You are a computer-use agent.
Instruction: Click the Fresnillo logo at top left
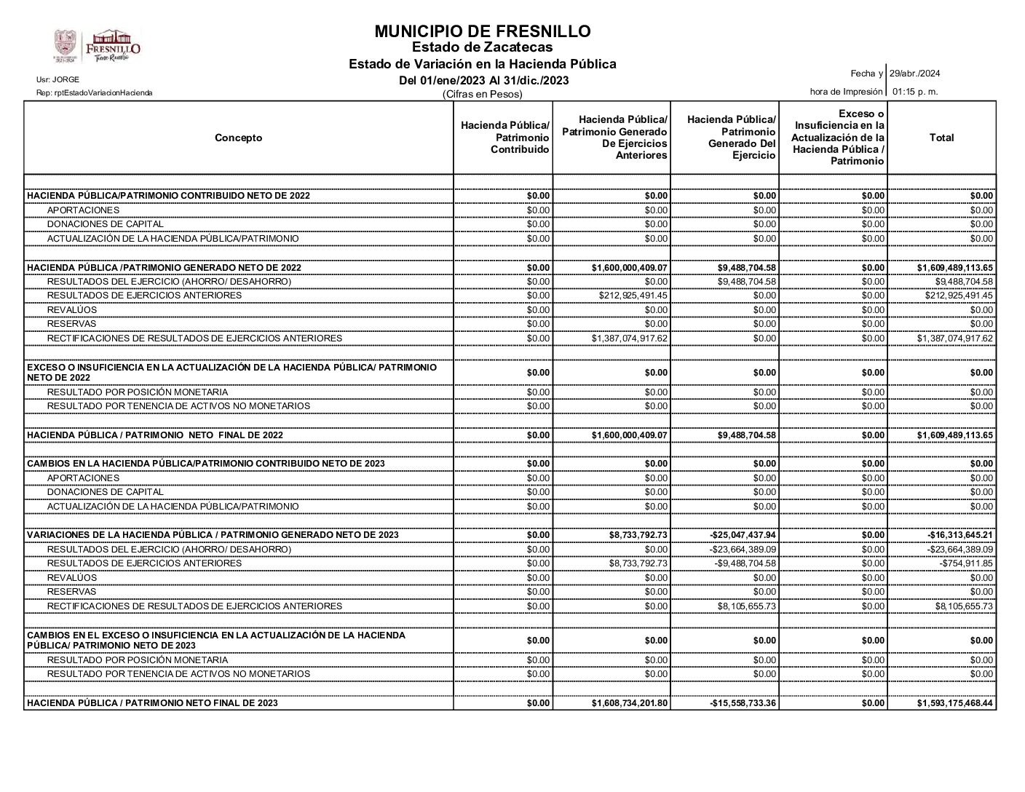pyautogui.click(x=97, y=46)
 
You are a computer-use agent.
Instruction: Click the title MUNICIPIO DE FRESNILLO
pyautogui.click(x=482, y=31)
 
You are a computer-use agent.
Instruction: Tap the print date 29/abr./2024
pyautogui.click(x=914, y=74)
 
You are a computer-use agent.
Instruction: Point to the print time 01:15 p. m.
pyautogui.click(x=915, y=92)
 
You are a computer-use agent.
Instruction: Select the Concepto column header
pyautogui.click(x=238, y=138)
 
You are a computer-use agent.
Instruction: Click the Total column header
pyautogui.click(x=941, y=138)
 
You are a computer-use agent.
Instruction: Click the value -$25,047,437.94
pyautogui.click(x=743, y=535)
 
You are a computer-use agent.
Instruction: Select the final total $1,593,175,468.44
pyautogui.click(x=954, y=703)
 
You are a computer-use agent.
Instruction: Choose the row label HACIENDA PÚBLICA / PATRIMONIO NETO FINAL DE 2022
pyautogui.click(x=155, y=435)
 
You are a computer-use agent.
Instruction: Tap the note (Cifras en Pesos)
pyautogui.click(x=483, y=95)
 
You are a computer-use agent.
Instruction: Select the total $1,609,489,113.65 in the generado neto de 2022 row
pyautogui.click(x=954, y=268)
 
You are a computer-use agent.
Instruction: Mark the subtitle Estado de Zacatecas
pyautogui.click(x=482, y=47)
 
